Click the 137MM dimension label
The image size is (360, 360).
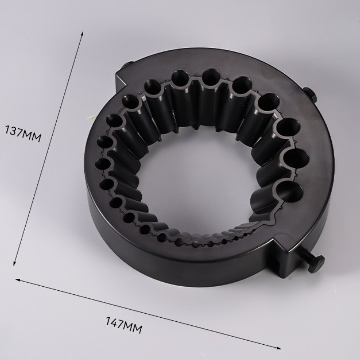[x=23, y=134]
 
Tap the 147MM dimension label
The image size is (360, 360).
[x=124, y=325]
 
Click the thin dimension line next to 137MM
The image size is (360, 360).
[x=49, y=148]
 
